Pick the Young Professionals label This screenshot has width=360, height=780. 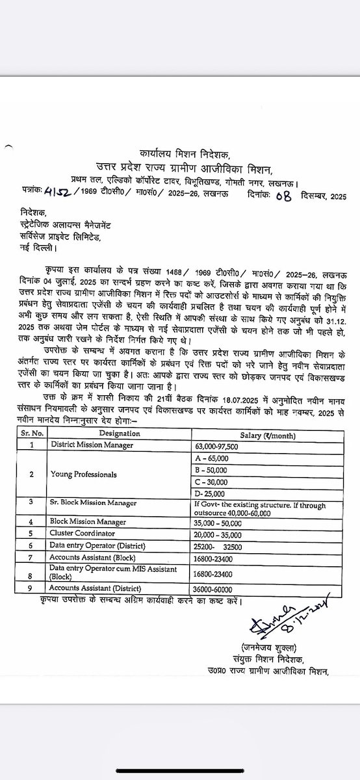(84, 474)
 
